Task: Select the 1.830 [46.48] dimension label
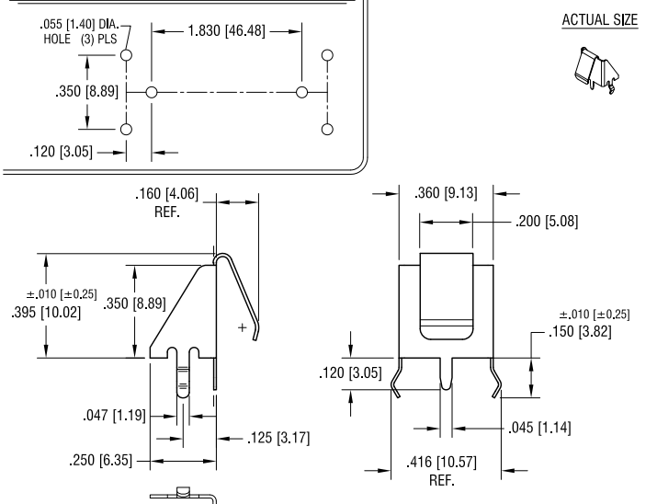pyautogui.click(x=226, y=31)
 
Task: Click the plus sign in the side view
pyautogui.click(x=243, y=327)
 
